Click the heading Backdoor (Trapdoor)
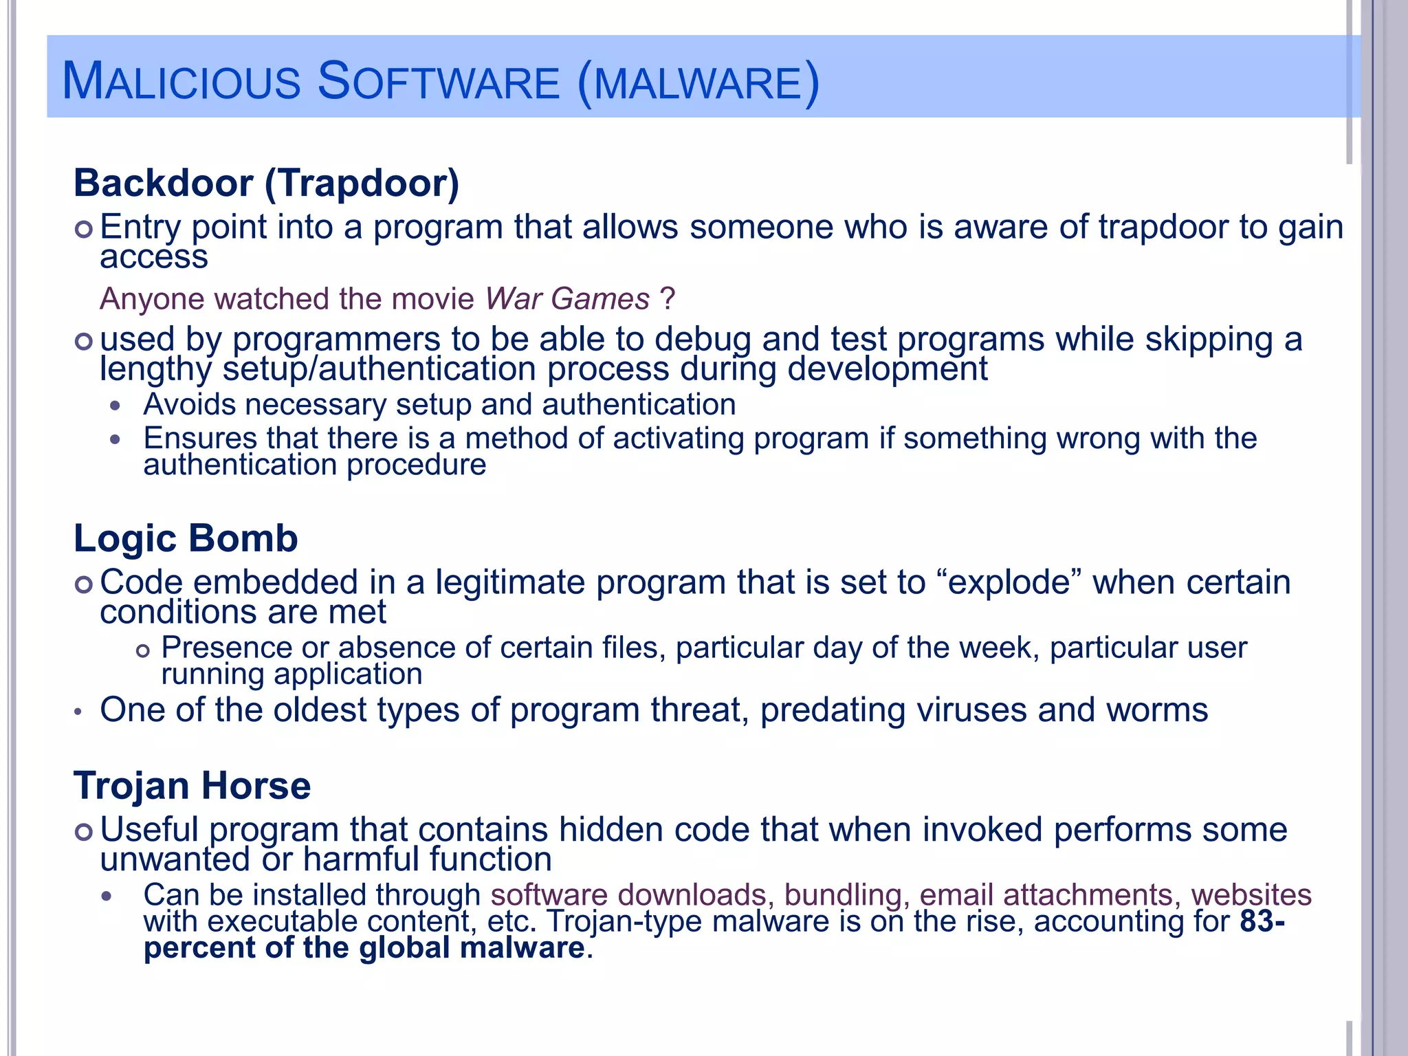coord(266,184)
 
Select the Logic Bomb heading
coord(186,538)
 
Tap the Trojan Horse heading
coord(192,786)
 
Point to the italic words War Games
coord(567,299)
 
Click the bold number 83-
coord(1262,921)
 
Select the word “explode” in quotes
coord(1009,583)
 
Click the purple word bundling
coord(843,895)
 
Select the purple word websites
coord(1251,895)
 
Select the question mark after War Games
coord(667,299)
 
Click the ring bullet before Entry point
coord(83,230)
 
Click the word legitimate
coord(509,583)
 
